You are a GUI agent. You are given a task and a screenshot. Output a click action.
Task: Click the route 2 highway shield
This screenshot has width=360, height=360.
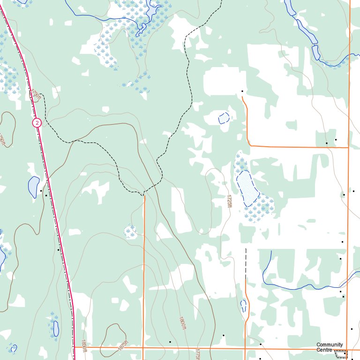point(37,123)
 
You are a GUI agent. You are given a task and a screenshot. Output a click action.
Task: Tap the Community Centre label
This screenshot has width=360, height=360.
point(330,347)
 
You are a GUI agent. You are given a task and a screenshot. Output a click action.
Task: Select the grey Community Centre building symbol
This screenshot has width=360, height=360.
point(341,354)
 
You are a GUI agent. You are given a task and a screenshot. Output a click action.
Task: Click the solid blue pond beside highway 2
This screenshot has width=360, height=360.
point(34,187)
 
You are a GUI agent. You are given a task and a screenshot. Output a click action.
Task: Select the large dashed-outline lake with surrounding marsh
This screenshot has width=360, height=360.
point(247,187)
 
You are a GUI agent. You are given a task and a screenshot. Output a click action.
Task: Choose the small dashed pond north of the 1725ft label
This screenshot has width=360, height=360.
point(224,118)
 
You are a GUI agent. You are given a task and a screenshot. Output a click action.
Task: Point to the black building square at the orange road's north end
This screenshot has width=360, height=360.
point(242,91)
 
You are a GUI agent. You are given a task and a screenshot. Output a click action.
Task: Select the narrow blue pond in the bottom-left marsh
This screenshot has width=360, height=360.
point(56,328)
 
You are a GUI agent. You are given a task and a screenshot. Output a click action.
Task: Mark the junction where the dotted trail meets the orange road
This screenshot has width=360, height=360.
point(144,194)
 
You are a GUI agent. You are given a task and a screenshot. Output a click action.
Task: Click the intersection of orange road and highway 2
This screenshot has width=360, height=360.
point(75,347)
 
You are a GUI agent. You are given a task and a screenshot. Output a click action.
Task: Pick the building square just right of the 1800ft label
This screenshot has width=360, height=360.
point(224,335)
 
